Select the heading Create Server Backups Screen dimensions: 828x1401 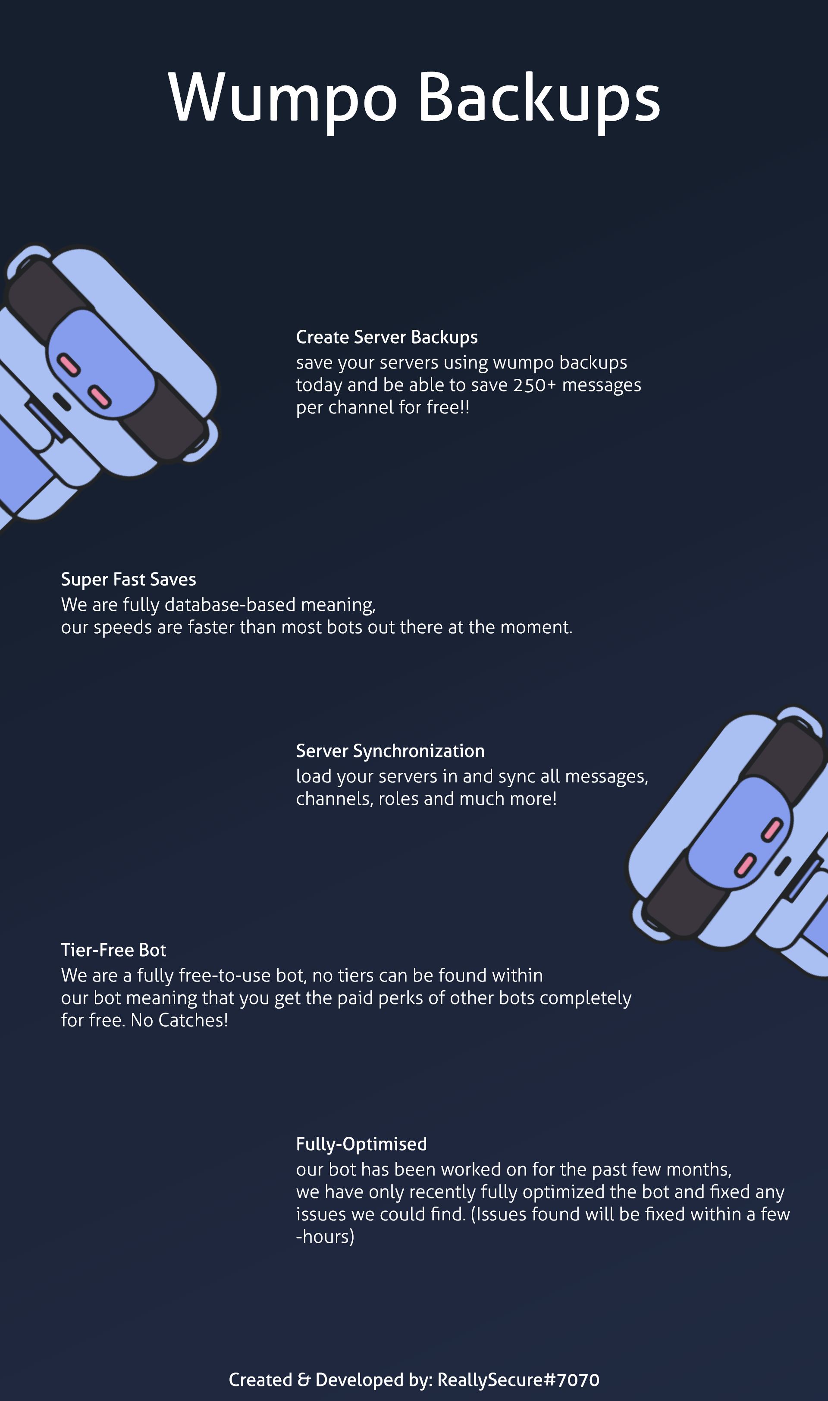tap(387, 338)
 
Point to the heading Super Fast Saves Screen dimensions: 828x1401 tap(129, 579)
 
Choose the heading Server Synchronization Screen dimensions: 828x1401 tap(390, 751)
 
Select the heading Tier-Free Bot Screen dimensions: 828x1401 tap(114, 950)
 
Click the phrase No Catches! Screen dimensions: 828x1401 tap(179, 1020)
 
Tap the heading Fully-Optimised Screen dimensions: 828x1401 tap(361, 1144)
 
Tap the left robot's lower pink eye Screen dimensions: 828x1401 tap(100, 397)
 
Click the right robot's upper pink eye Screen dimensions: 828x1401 tap(773, 829)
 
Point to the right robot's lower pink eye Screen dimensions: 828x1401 tap(745, 866)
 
